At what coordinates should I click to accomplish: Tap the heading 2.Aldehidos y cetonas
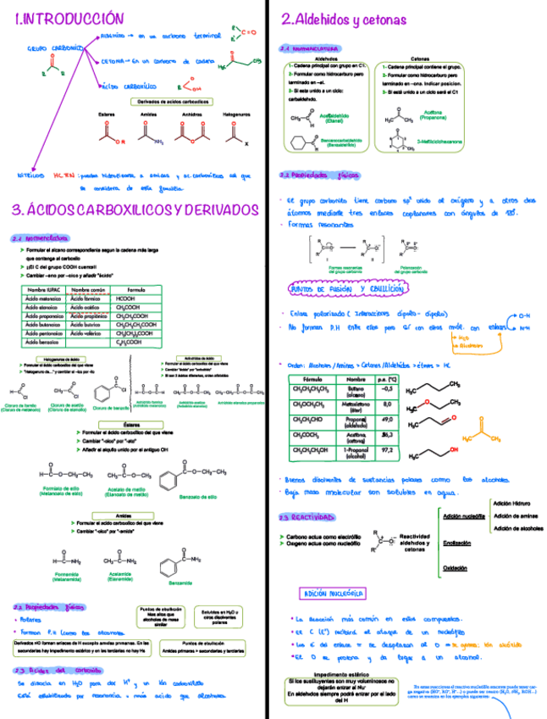(343, 19)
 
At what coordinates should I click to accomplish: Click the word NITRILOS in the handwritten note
(33, 176)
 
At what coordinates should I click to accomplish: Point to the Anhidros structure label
(192, 114)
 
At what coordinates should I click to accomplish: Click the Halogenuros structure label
(236, 114)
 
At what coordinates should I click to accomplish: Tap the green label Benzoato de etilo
(201, 496)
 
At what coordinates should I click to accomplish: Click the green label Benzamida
(180, 582)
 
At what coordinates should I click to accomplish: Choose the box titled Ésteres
(131, 424)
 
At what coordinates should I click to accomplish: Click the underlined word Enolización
(457, 543)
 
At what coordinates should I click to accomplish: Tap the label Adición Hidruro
(511, 504)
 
